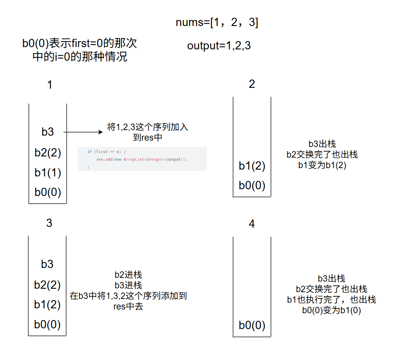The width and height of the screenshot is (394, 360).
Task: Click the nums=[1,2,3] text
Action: tap(217, 23)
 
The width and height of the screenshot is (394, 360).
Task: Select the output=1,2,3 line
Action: tap(219, 46)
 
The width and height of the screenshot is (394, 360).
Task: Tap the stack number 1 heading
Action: tap(49, 85)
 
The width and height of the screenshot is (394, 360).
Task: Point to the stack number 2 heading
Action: tap(252, 84)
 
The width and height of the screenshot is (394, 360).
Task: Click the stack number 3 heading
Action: tap(49, 223)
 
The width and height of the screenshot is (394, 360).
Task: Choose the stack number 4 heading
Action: tap(252, 224)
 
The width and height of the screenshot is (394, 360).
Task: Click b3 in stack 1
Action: tap(48, 132)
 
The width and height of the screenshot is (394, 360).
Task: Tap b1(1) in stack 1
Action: tap(48, 172)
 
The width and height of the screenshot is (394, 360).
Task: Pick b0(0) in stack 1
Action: tap(48, 192)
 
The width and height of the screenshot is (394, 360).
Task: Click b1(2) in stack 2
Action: tap(252, 166)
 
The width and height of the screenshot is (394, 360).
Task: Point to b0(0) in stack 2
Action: tap(252, 185)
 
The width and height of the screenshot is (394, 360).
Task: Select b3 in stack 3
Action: tap(47, 264)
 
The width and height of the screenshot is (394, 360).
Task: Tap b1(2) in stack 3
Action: tap(47, 304)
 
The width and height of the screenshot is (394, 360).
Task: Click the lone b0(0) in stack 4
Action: tap(252, 325)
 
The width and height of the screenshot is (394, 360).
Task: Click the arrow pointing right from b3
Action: tap(83, 132)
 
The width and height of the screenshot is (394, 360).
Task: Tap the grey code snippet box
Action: tap(142, 159)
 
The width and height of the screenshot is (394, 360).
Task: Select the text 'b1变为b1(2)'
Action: tap(322, 165)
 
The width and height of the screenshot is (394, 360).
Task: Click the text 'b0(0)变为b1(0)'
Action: tap(331, 311)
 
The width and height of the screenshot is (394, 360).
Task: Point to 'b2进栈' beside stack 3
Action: tap(128, 275)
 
